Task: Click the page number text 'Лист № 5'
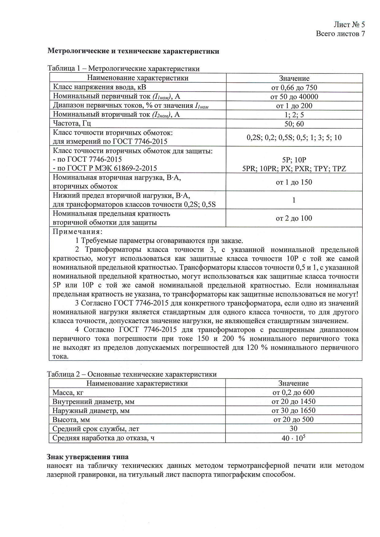click(349, 25)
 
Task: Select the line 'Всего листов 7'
click(340, 34)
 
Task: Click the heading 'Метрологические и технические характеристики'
click(133, 51)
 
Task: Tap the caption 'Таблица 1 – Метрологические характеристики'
click(123, 69)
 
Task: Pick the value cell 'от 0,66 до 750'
click(294, 88)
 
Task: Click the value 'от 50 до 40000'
click(294, 97)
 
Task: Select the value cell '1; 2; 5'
click(294, 115)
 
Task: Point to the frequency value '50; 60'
click(294, 124)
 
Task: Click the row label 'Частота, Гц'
click(72, 123)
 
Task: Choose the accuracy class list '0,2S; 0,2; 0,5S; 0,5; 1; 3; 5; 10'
click(294, 137)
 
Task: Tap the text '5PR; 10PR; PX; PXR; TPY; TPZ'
click(294, 168)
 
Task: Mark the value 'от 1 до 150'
click(294, 182)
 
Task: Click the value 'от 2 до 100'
click(294, 218)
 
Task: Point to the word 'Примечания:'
click(78, 232)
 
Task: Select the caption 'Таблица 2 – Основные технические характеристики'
click(132, 374)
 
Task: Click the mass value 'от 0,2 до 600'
click(293, 392)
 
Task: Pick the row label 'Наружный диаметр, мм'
click(91, 410)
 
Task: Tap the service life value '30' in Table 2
click(293, 429)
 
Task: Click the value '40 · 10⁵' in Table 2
click(293, 438)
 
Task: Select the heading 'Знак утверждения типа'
click(88, 457)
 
